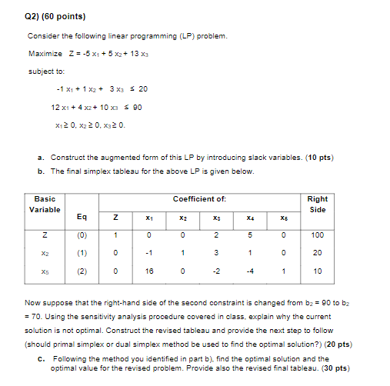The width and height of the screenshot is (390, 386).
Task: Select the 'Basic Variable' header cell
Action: pos(44,204)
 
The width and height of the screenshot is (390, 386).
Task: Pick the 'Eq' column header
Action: pos(82,217)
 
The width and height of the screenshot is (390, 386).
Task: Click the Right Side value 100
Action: pos(317,235)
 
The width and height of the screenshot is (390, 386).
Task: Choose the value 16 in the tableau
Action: pos(148,271)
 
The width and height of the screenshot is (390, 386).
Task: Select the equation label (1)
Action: pos(82,253)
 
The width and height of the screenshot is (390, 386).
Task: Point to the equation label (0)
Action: pos(82,235)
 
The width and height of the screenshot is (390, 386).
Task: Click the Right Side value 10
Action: pos(317,271)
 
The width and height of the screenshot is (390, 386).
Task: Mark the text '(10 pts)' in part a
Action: pos(319,158)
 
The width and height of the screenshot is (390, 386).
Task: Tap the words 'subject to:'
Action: pos(44,72)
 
